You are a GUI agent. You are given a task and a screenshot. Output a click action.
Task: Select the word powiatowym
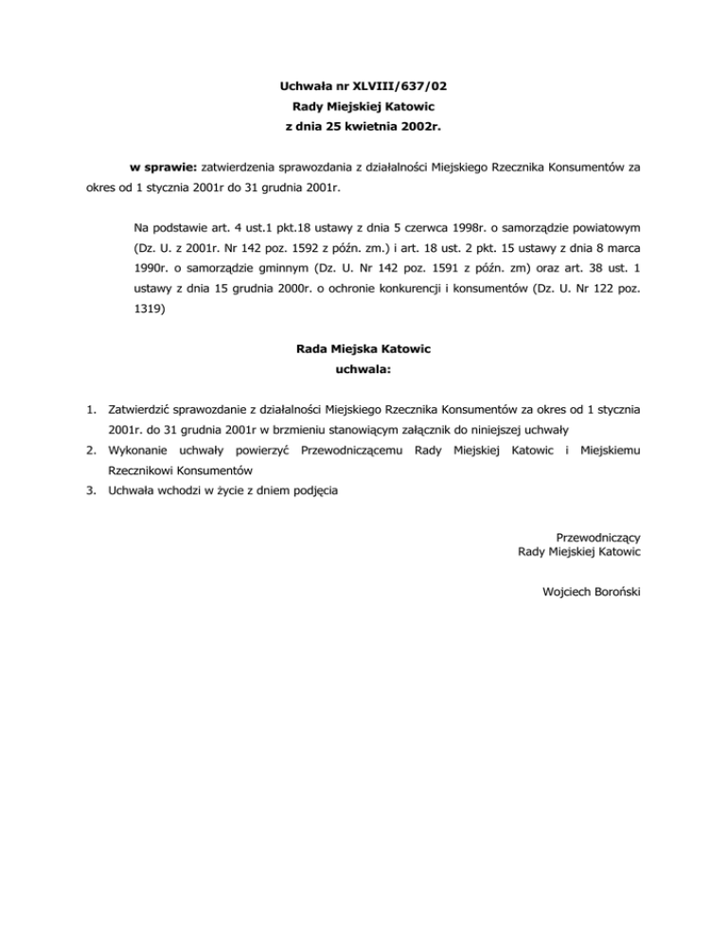[607, 228]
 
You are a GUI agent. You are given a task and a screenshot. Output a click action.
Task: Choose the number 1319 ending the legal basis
[150, 308]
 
